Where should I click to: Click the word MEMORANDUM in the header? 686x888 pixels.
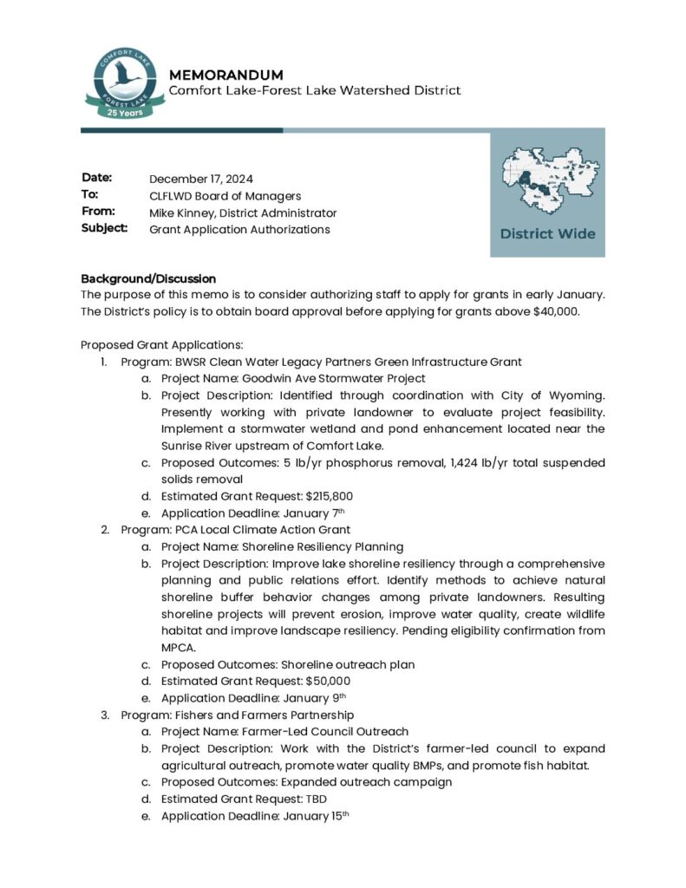tap(225, 75)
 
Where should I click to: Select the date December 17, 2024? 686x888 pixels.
tap(200, 180)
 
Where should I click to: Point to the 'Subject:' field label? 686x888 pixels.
tap(105, 229)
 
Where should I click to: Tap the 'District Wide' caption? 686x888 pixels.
tap(547, 234)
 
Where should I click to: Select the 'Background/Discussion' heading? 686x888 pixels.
tap(148, 279)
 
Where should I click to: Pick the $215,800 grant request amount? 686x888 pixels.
tap(323, 497)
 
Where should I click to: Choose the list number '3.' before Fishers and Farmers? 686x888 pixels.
tap(104, 715)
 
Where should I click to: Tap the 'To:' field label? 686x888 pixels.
tap(90, 196)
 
